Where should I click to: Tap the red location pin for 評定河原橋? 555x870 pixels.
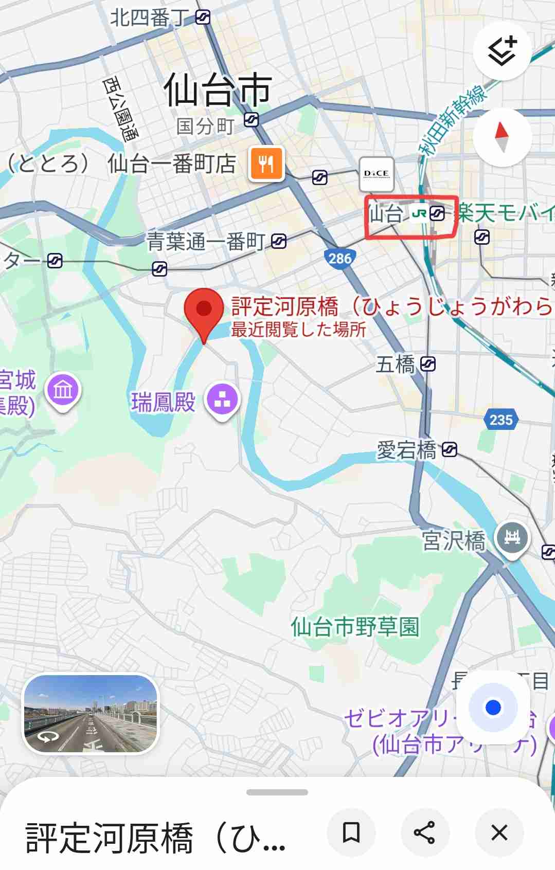click(204, 310)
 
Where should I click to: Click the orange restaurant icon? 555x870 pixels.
click(266, 164)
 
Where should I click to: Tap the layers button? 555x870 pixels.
click(502, 51)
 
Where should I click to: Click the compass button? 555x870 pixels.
click(502, 137)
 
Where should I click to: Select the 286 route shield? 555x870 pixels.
click(339, 258)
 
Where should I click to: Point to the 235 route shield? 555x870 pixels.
click(501, 420)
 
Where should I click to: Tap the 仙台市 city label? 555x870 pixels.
click(218, 89)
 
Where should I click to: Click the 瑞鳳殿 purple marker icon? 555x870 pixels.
click(222, 400)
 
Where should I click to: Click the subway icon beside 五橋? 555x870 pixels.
click(428, 365)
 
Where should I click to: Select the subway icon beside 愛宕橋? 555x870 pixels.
click(449, 450)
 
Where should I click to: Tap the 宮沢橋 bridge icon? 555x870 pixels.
click(511, 538)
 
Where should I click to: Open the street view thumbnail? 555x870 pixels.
click(91, 714)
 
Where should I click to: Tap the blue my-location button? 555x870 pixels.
click(493, 708)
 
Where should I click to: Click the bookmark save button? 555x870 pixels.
click(351, 832)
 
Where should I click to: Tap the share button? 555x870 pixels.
click(424, 832)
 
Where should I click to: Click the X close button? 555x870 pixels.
click(499, 832)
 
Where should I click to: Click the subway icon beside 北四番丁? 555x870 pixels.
click(203, 18)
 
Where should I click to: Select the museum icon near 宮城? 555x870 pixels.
click(63, 390)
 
